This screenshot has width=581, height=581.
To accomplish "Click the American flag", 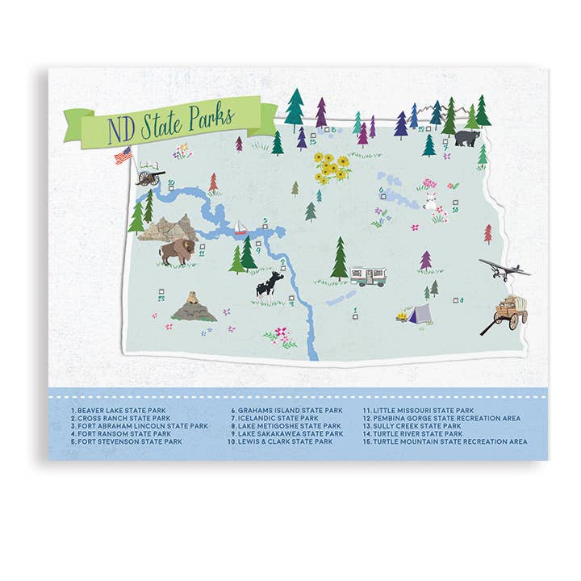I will [x=123, y=155].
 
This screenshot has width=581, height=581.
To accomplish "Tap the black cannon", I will [x=149, y=174].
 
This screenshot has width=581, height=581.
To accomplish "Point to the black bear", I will [x=466, y=138].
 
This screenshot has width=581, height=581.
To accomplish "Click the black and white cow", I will [x=270, y=286].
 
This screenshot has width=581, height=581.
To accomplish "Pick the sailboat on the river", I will [x=240, y=228].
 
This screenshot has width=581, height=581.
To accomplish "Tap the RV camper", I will [x=367, y=276].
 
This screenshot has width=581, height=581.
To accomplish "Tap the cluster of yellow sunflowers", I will [x=332, y=166].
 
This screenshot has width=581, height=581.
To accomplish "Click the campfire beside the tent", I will [x=401, y=317].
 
